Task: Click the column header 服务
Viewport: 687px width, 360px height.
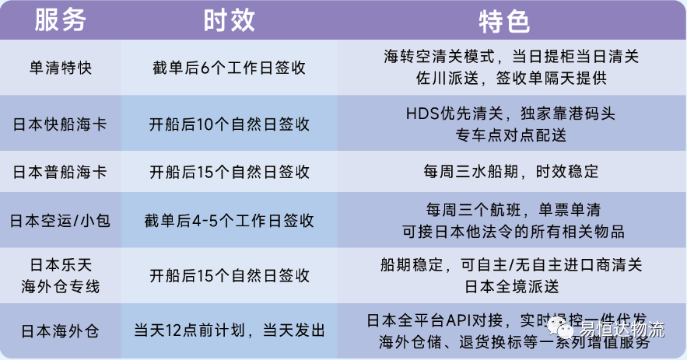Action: pos(61,20)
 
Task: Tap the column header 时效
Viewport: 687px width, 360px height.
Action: pos(230,20)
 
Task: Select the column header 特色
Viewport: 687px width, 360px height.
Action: pos(505,22)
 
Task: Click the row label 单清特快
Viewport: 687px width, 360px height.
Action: pos(61,68)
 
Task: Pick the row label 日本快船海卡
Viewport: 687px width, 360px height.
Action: pos(60,124)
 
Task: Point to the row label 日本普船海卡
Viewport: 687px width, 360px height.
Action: pos(60,172)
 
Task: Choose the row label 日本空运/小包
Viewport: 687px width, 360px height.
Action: pos(60,220)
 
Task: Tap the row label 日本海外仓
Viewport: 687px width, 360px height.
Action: pos(60,331)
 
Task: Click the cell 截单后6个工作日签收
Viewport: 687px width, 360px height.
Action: pos(230,68)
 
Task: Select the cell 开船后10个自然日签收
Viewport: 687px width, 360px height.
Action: pos(230,124)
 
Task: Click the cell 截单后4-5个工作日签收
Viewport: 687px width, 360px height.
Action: pos(230,220)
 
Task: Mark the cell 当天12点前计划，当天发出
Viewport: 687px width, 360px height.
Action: pos(230,330)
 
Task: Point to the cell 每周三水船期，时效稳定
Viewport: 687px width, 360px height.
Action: pos(511,171)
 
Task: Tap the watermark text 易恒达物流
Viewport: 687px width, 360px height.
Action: pos(622,329)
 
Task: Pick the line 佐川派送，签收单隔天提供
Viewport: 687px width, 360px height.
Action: pos(511,78)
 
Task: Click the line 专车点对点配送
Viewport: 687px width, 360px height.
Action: pos(511,135)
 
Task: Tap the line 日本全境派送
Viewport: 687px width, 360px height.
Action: pos(511,287)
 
